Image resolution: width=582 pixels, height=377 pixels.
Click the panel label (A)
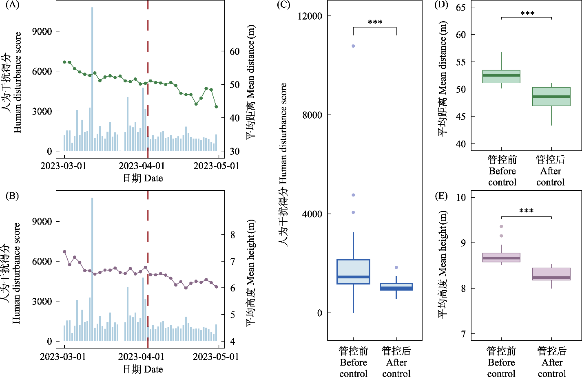click(13, 5)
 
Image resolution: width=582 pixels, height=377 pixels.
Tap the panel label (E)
click(441, 196)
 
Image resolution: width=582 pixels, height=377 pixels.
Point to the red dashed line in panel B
click(148, 265)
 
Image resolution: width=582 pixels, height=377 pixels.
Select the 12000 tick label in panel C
click(310, 16)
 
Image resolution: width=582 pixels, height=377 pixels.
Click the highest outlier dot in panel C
click(353, 46)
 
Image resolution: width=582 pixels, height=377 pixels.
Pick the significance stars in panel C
click(375, 22)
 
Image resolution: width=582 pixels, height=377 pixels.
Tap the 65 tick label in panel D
click(461, 7)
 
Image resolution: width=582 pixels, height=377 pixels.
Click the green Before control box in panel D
click(501, 77)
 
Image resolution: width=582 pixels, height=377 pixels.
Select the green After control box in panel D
click(551, 97)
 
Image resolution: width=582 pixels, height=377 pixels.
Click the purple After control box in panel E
click(551, 274)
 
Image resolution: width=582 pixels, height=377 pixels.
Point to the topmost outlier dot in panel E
click(501, 227)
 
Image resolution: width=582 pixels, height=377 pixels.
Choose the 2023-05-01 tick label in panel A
click(216, 166)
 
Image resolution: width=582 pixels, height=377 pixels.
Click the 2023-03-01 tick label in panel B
click(63, 357)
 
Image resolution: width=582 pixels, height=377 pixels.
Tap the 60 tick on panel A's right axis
click(235, 52)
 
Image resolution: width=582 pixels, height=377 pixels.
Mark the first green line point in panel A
click(64, 62)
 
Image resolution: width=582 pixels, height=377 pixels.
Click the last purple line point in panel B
click(216, 287)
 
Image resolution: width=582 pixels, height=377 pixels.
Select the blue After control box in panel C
click(396, 287)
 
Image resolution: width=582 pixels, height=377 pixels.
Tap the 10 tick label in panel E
click(461, 198)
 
